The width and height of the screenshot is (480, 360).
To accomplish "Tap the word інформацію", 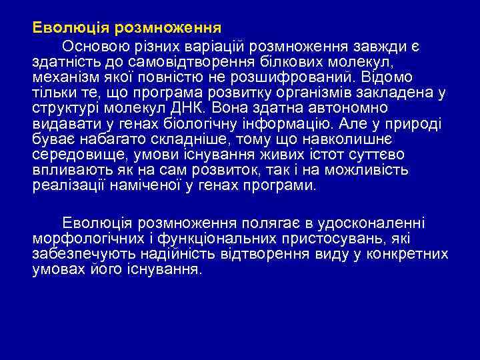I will (289, 123).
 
